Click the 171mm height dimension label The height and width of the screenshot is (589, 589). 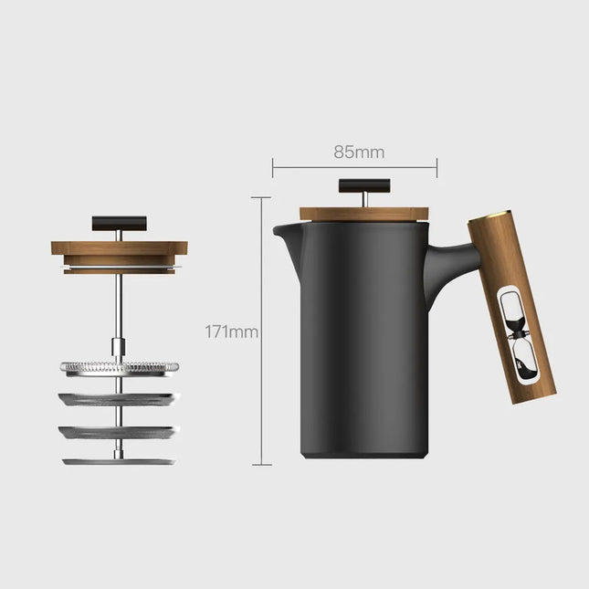pos(232,332)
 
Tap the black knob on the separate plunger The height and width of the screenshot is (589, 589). pos(119,222)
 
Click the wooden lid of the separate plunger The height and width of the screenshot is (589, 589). pos(119,248)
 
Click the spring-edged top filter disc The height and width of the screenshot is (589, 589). pos(119,367)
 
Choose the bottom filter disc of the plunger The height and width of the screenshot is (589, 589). pos(119,461)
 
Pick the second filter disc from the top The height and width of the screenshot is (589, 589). pos(119,398)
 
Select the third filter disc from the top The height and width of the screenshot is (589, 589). pos(119,429)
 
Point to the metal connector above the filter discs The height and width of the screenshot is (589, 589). pos(119,347)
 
